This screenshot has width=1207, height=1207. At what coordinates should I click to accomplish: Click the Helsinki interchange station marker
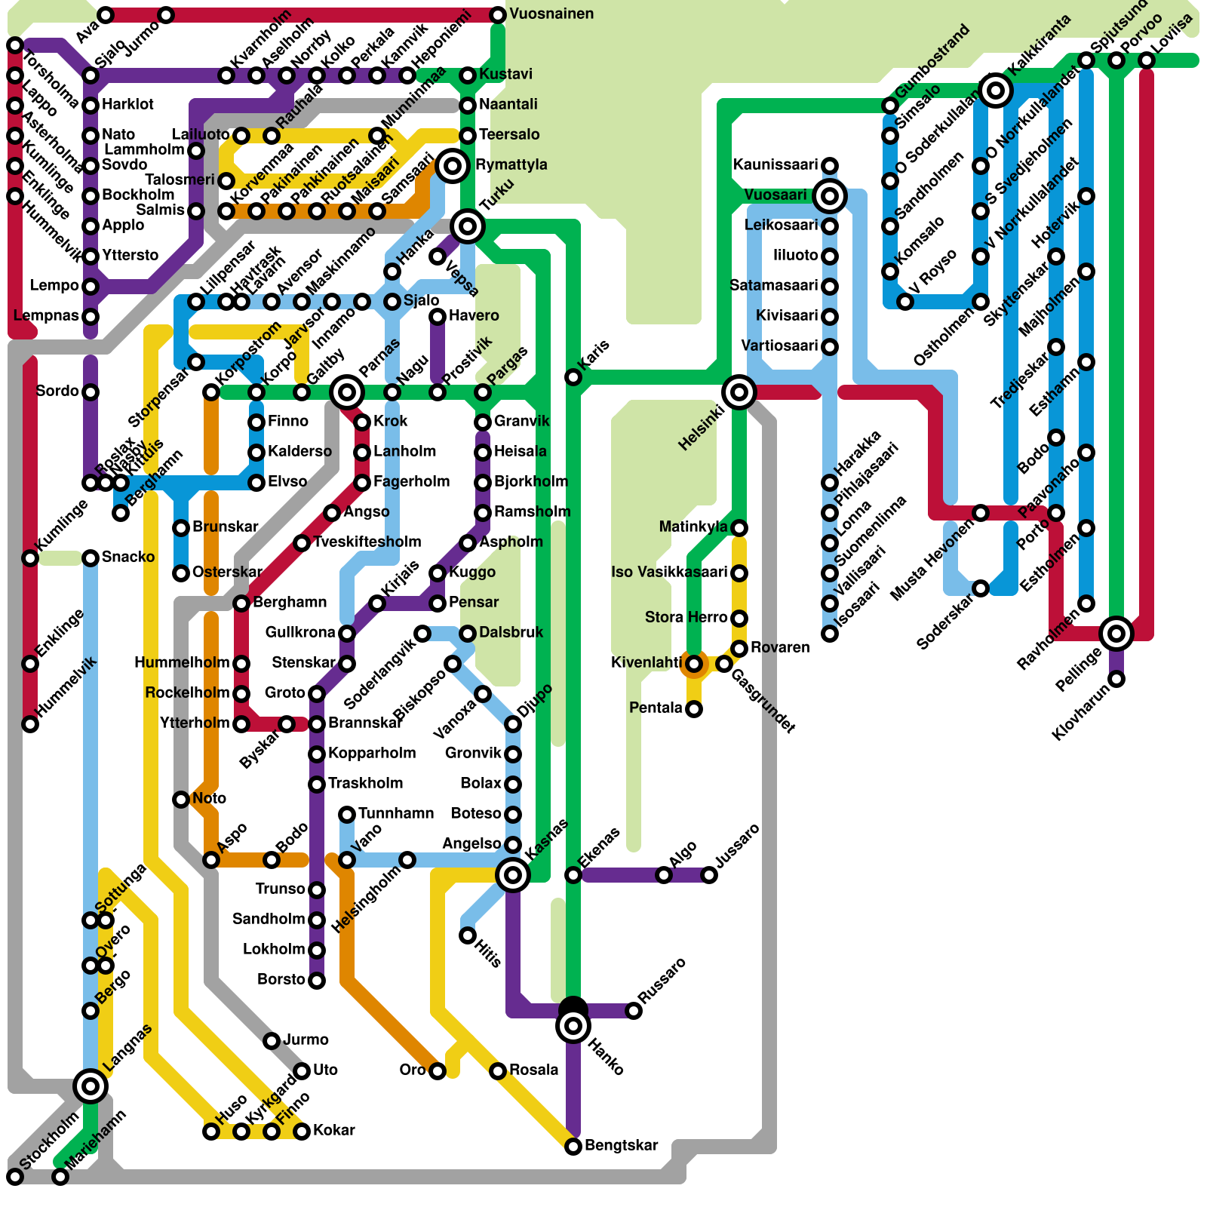739,392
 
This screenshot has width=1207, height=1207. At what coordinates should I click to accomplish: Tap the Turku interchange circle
468,226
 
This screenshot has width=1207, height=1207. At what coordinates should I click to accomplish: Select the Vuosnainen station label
551,14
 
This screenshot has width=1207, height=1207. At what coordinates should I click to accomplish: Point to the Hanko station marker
573,1026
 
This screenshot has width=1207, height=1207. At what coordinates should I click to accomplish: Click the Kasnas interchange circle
513,875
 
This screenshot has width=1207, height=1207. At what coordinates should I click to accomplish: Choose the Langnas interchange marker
91,1086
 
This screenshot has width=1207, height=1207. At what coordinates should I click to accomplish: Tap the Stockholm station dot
15,1177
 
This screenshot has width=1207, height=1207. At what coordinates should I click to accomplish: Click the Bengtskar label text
621,1146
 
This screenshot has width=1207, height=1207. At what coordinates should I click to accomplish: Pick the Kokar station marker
302,1132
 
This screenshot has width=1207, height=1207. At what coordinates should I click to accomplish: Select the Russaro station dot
634,1011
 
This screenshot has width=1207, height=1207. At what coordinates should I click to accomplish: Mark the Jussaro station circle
709,875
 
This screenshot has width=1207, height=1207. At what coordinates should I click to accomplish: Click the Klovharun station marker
1116,679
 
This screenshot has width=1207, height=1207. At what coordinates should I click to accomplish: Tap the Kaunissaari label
775,165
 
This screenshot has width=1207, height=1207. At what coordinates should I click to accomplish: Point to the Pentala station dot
694,709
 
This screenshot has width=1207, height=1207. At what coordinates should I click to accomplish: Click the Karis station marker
573,377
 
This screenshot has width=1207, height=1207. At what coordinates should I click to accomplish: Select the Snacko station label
128,557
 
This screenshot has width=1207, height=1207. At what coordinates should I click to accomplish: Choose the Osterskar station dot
181,573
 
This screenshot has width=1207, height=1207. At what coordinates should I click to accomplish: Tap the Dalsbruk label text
511,633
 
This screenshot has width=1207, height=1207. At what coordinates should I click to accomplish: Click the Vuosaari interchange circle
830,196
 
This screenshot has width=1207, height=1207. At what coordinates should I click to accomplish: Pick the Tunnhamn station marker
347,815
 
